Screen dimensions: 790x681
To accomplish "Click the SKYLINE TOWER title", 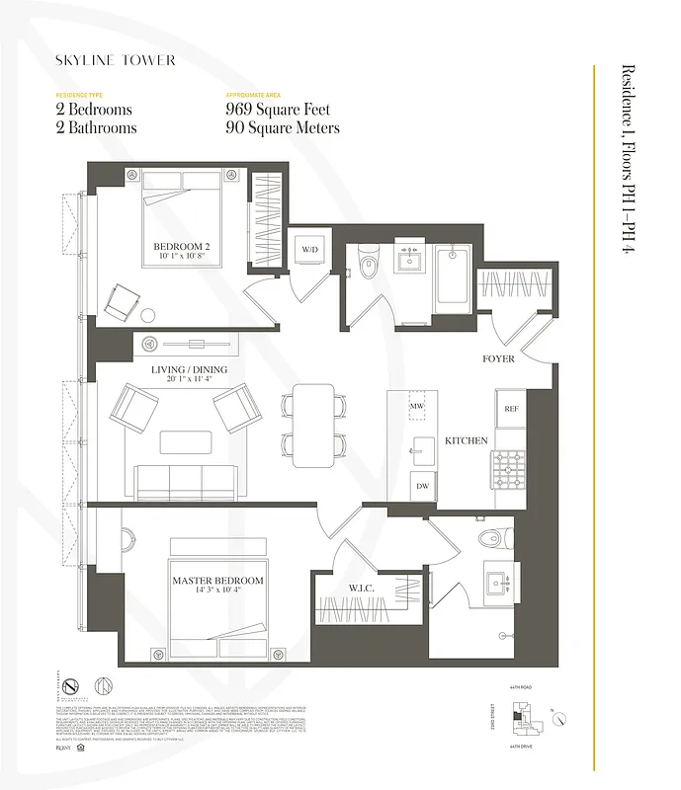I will tap(116, 60).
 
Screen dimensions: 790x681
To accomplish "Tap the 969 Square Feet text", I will tap(278, 110).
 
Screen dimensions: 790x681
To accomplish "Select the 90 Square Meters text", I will tap(283, 128).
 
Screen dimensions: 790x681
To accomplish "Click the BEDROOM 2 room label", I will tap(181, 247).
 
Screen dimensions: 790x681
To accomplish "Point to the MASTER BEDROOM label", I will tap(217, 581).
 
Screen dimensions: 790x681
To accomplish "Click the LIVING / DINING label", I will tap(188, 370).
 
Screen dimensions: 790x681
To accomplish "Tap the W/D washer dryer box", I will tap(309, 250).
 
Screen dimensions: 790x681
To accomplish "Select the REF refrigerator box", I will tap(511, 408).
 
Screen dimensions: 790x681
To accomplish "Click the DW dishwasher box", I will tap(423, 486).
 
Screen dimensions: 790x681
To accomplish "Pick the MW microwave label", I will tap(418, 406).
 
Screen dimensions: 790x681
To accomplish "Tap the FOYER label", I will tap(498, 359).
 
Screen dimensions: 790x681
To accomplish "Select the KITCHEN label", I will tap(466, 440).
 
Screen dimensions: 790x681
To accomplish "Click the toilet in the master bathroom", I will tap(491, 538).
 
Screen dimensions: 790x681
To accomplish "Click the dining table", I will tap(312, 426).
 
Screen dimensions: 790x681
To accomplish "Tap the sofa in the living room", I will tap(186, 482).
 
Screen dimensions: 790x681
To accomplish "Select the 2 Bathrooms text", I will tap(96, 128).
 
